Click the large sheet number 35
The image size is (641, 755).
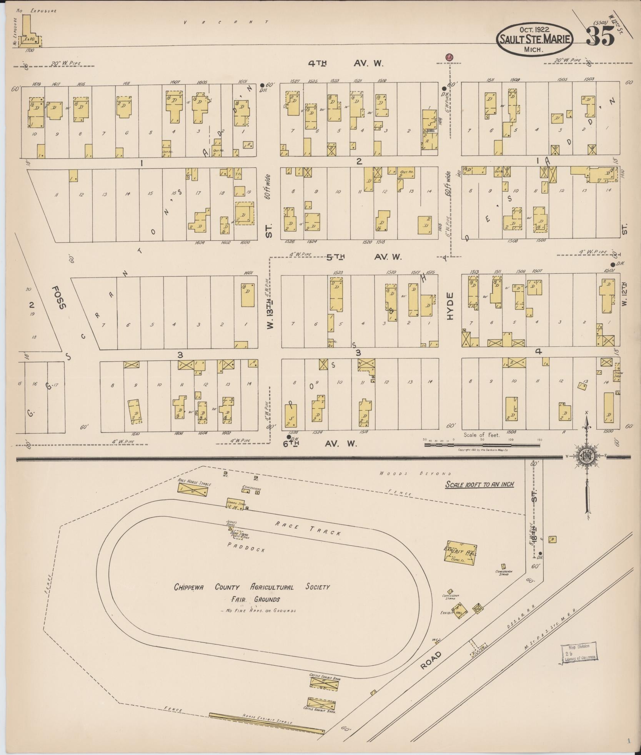(x=600, y=37)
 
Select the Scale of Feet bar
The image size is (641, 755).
(x=482, y=444)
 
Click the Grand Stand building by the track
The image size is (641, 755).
(x=235, y=504)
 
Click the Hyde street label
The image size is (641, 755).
(x=450, y=306)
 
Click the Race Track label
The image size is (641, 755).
(x=308, y=530)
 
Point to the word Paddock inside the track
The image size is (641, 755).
(x=246, y=547)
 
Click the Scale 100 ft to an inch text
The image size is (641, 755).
(x=480, y=484)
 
